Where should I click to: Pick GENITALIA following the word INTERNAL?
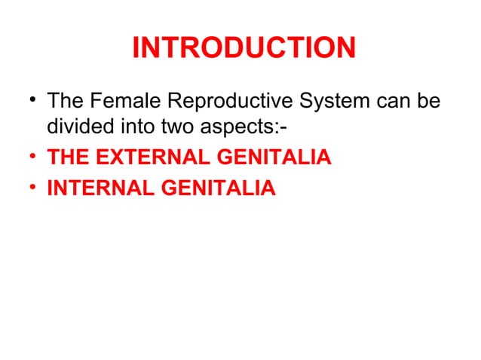tap(216, 188)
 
